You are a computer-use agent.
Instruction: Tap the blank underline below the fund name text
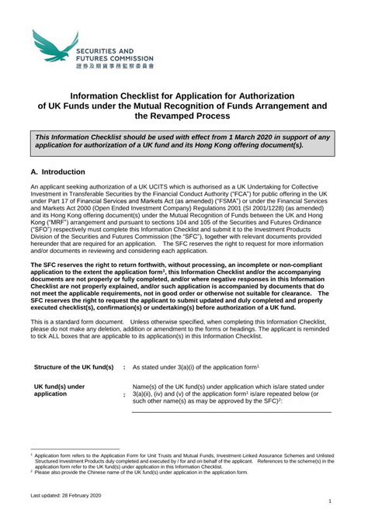(233, 411)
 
